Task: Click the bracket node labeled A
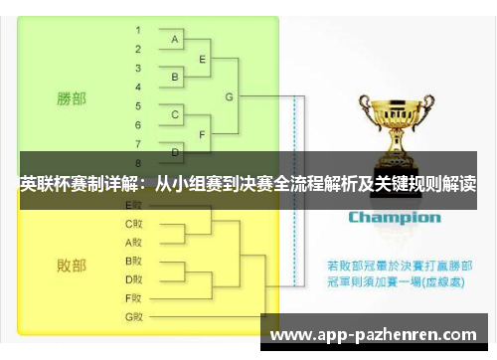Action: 175,40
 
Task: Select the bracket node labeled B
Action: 175,77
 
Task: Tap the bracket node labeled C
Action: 175,115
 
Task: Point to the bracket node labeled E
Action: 203,59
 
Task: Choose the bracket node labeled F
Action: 203,134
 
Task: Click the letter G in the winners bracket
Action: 230,96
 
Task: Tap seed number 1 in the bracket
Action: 138,30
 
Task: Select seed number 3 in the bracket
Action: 138,68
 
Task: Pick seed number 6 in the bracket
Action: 138,124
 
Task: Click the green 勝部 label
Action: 71,98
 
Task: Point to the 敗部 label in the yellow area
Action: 71,266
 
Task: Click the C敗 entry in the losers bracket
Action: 134,223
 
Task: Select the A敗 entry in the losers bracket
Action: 134,242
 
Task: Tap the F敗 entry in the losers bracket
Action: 134,297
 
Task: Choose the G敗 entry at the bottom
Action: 134,316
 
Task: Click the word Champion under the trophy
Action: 394,217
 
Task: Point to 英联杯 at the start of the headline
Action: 42,183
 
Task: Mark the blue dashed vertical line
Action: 293,199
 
